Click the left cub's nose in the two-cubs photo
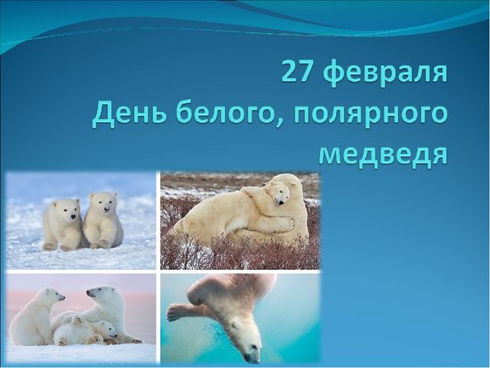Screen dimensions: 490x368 coord(73,216)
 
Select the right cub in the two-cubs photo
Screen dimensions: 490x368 coord(103,220)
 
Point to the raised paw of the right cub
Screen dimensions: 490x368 coord(103,243)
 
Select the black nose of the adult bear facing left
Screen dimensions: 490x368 coord(88,291)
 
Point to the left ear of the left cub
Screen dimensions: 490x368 coord(55,205)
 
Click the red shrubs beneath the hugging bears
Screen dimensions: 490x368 coord(240,254)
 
